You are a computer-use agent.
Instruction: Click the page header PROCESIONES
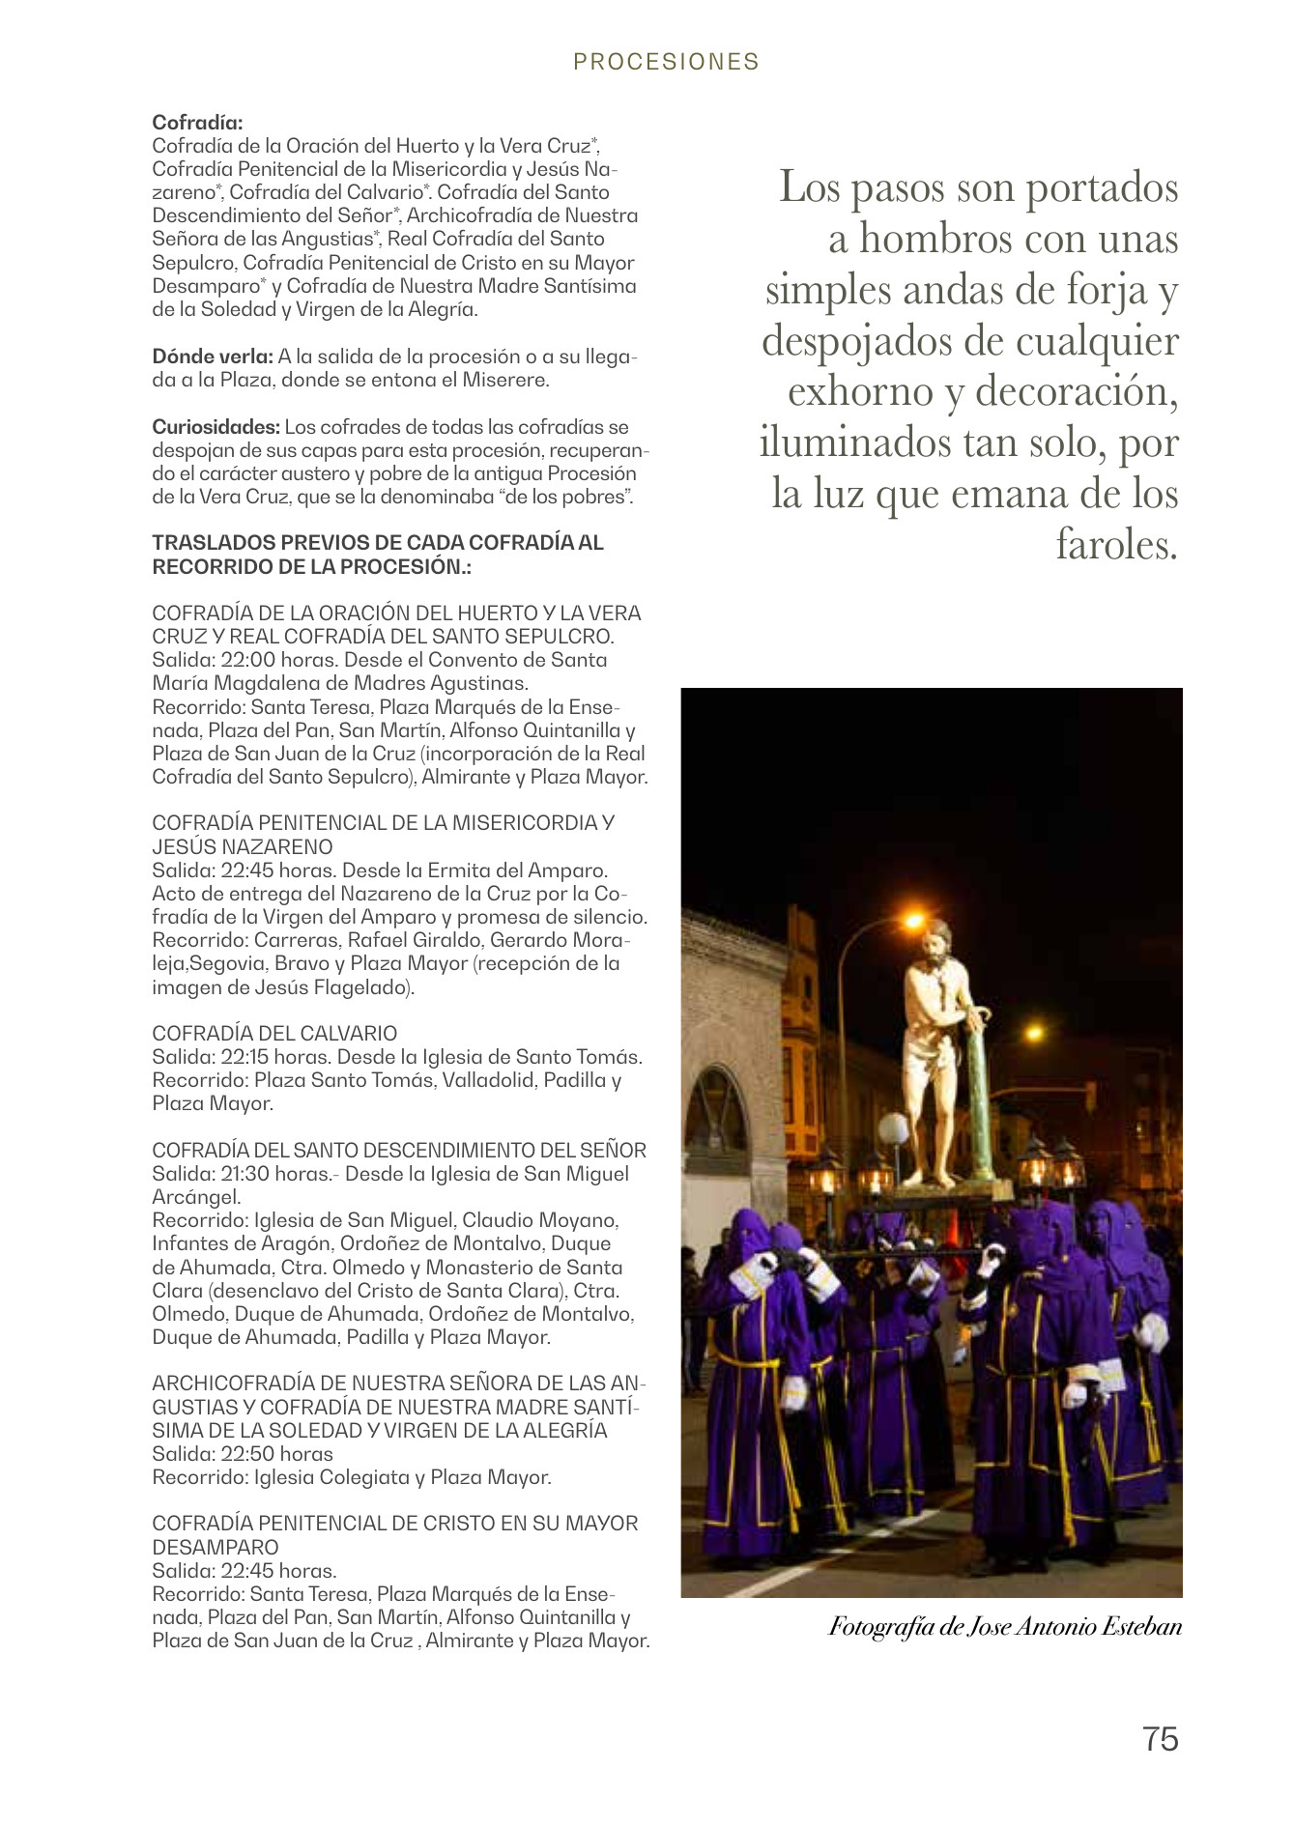(x=666, y=62)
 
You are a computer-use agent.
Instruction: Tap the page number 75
(x=1160, y=1738)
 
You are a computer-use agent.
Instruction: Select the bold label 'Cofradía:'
(x=197, y=123)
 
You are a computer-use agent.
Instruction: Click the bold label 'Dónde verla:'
(x=213, y=357)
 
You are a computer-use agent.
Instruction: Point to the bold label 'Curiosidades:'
(x=216, y=427)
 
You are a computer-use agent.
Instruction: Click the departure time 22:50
(x=248, y=1454)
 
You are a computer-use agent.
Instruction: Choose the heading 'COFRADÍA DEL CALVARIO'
(x=274, y=1034)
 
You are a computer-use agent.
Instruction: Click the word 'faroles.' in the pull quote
(x=1116, y=545)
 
